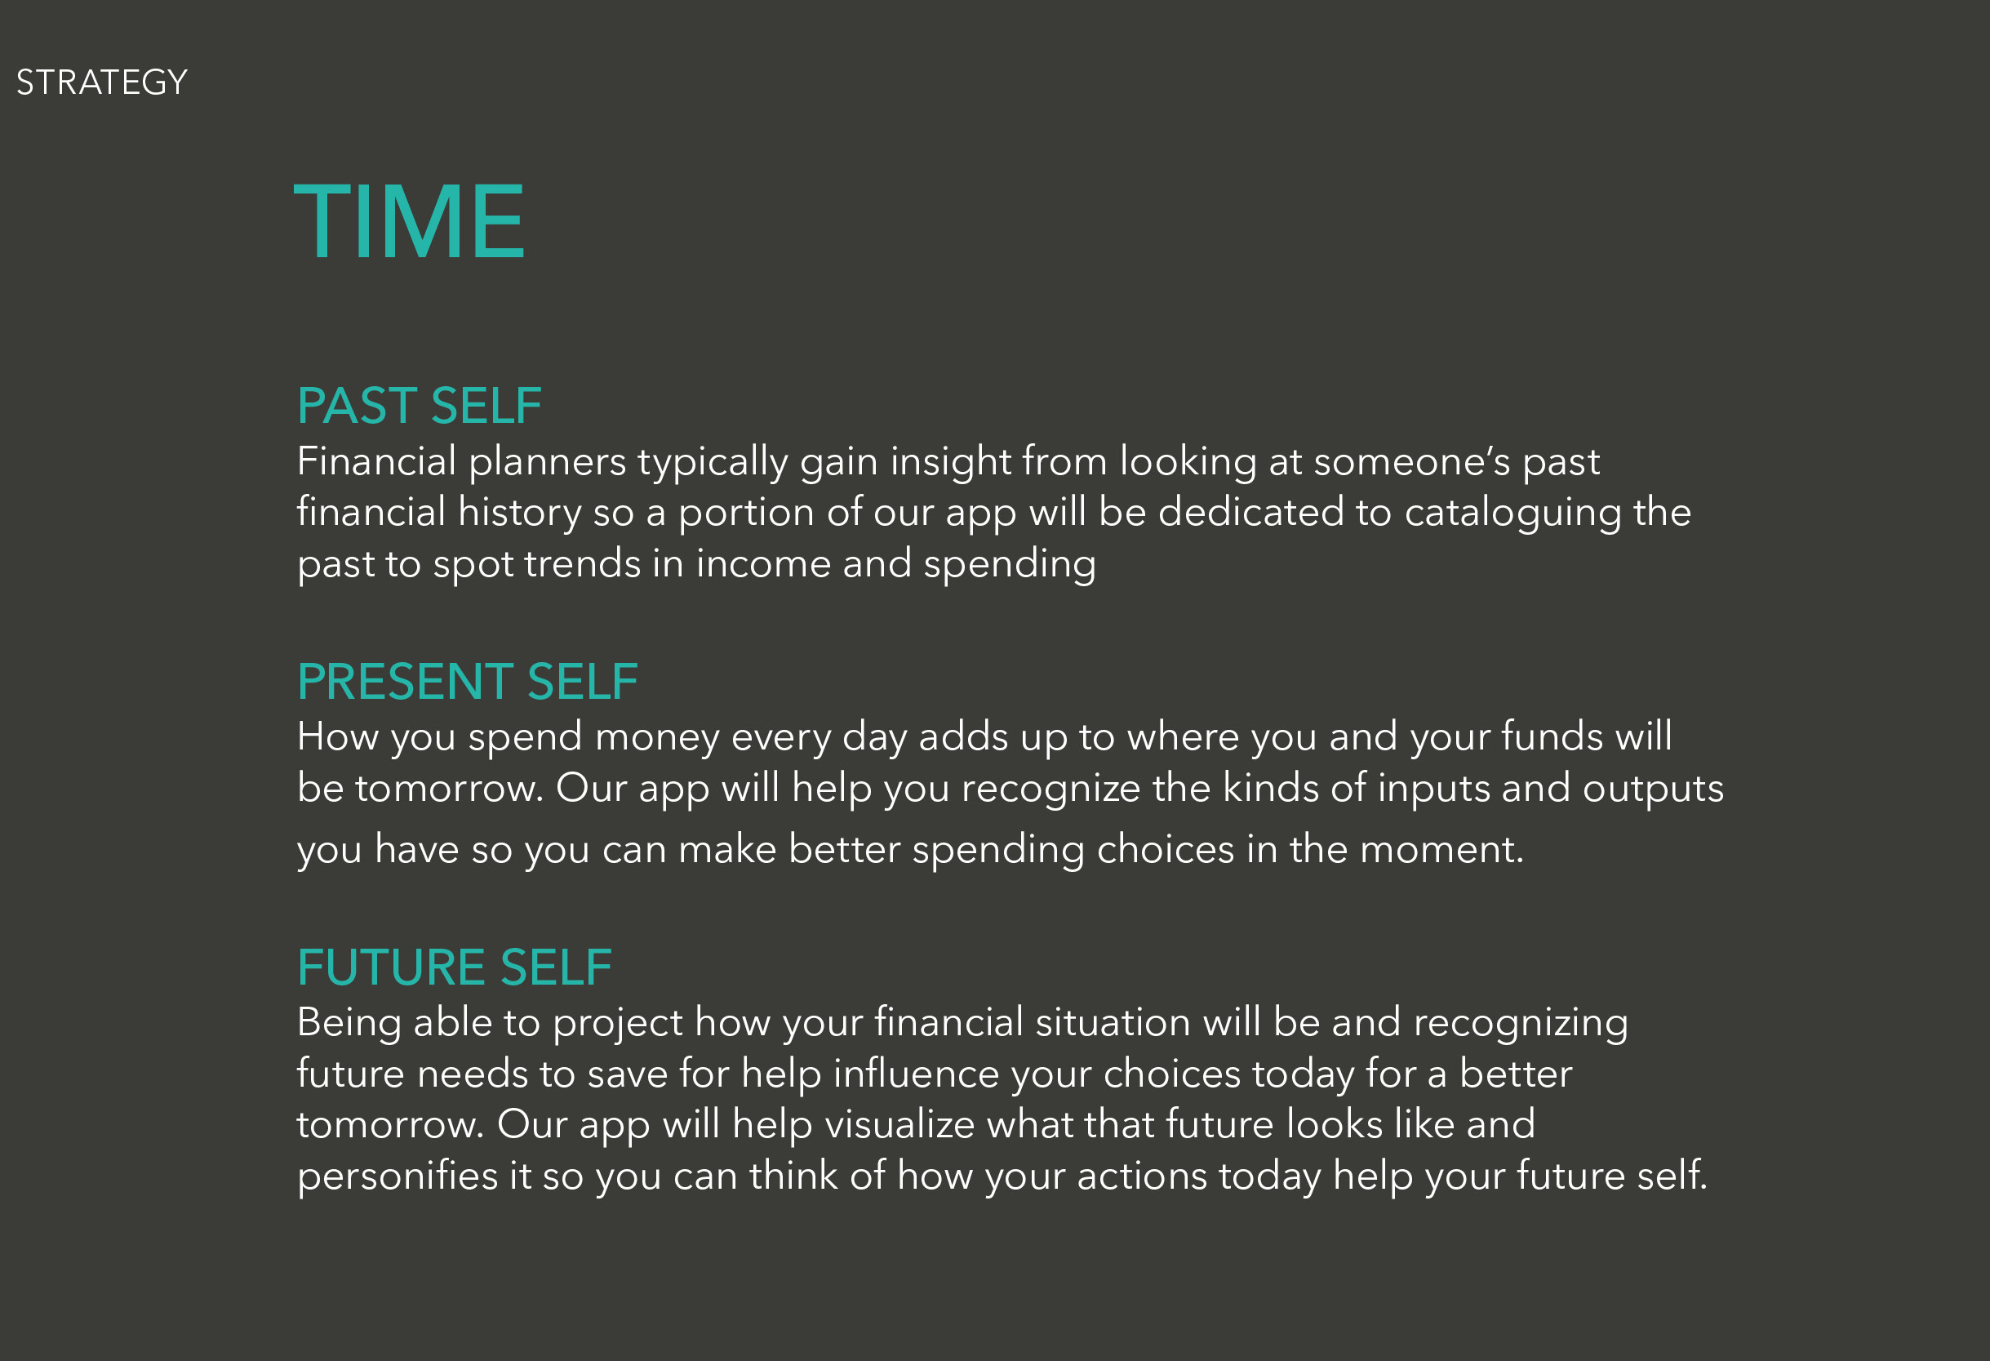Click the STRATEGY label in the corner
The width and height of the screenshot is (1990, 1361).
[102, 82]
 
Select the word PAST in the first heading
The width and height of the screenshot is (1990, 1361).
[357, 405]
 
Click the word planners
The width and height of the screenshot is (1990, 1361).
[548, 464]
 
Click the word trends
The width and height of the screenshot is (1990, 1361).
[582, 563]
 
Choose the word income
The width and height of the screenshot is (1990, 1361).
[764, 563]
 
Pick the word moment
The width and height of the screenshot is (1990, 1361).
[1442, 850]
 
